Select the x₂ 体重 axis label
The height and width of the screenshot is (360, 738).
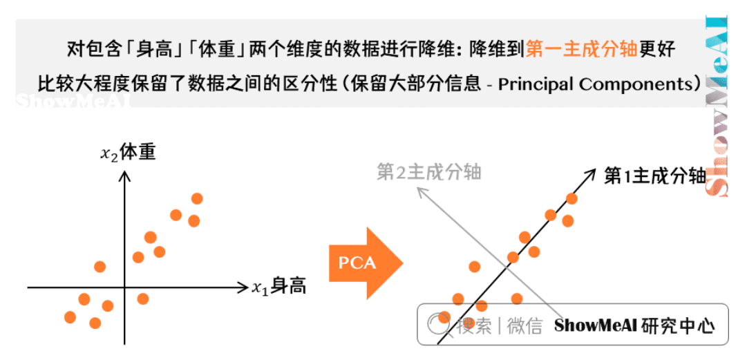point(128,152)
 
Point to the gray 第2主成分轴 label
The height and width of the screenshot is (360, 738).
point(428,171)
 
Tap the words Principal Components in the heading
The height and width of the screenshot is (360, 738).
point(594,84)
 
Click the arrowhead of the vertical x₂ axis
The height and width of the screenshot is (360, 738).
point(125,174)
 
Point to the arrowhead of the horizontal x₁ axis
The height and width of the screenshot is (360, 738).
point(243,285)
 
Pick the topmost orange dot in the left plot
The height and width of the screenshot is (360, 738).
point(197,199)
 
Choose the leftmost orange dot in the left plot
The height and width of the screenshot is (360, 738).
point(70,317)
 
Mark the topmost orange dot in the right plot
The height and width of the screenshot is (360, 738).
point(571,199)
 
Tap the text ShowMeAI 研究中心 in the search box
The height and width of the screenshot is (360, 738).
point(634,325)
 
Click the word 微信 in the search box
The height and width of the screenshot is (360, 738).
point(525,325)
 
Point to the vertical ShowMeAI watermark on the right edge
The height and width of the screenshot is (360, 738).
point(719,104)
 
